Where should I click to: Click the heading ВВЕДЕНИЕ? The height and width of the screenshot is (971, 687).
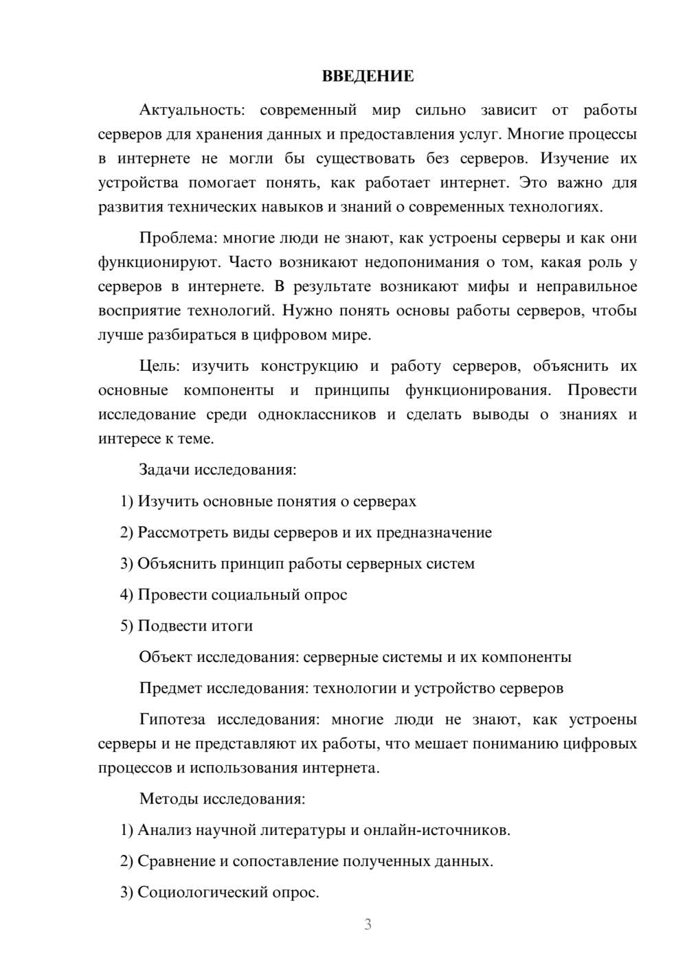pyautogui.click(x=368, y=76)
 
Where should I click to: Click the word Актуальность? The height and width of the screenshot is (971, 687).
pyautogui.click(x=190, y=110)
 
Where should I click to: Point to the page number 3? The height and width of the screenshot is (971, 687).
pyautogui.click(x=368, y=924)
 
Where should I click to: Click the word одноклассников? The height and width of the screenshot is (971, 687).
pyautogui.click(x=317, y=415)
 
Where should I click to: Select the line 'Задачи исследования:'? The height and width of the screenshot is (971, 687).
pyautogui.click(x=217, y=470)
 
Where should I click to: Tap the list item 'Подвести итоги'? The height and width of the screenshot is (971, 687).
pyautogui.click(x=195, y=626)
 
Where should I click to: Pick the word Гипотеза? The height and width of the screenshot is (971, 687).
pyautogui.click(x=172, y=720)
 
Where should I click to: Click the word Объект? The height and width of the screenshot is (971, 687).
pyautogui.click(x=165, y=657)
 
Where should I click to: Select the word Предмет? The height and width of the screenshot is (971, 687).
pyautogui.click(x=170, y=688)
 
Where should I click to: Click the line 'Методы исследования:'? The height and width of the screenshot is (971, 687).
pyautogui.click(x=222, y=799)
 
